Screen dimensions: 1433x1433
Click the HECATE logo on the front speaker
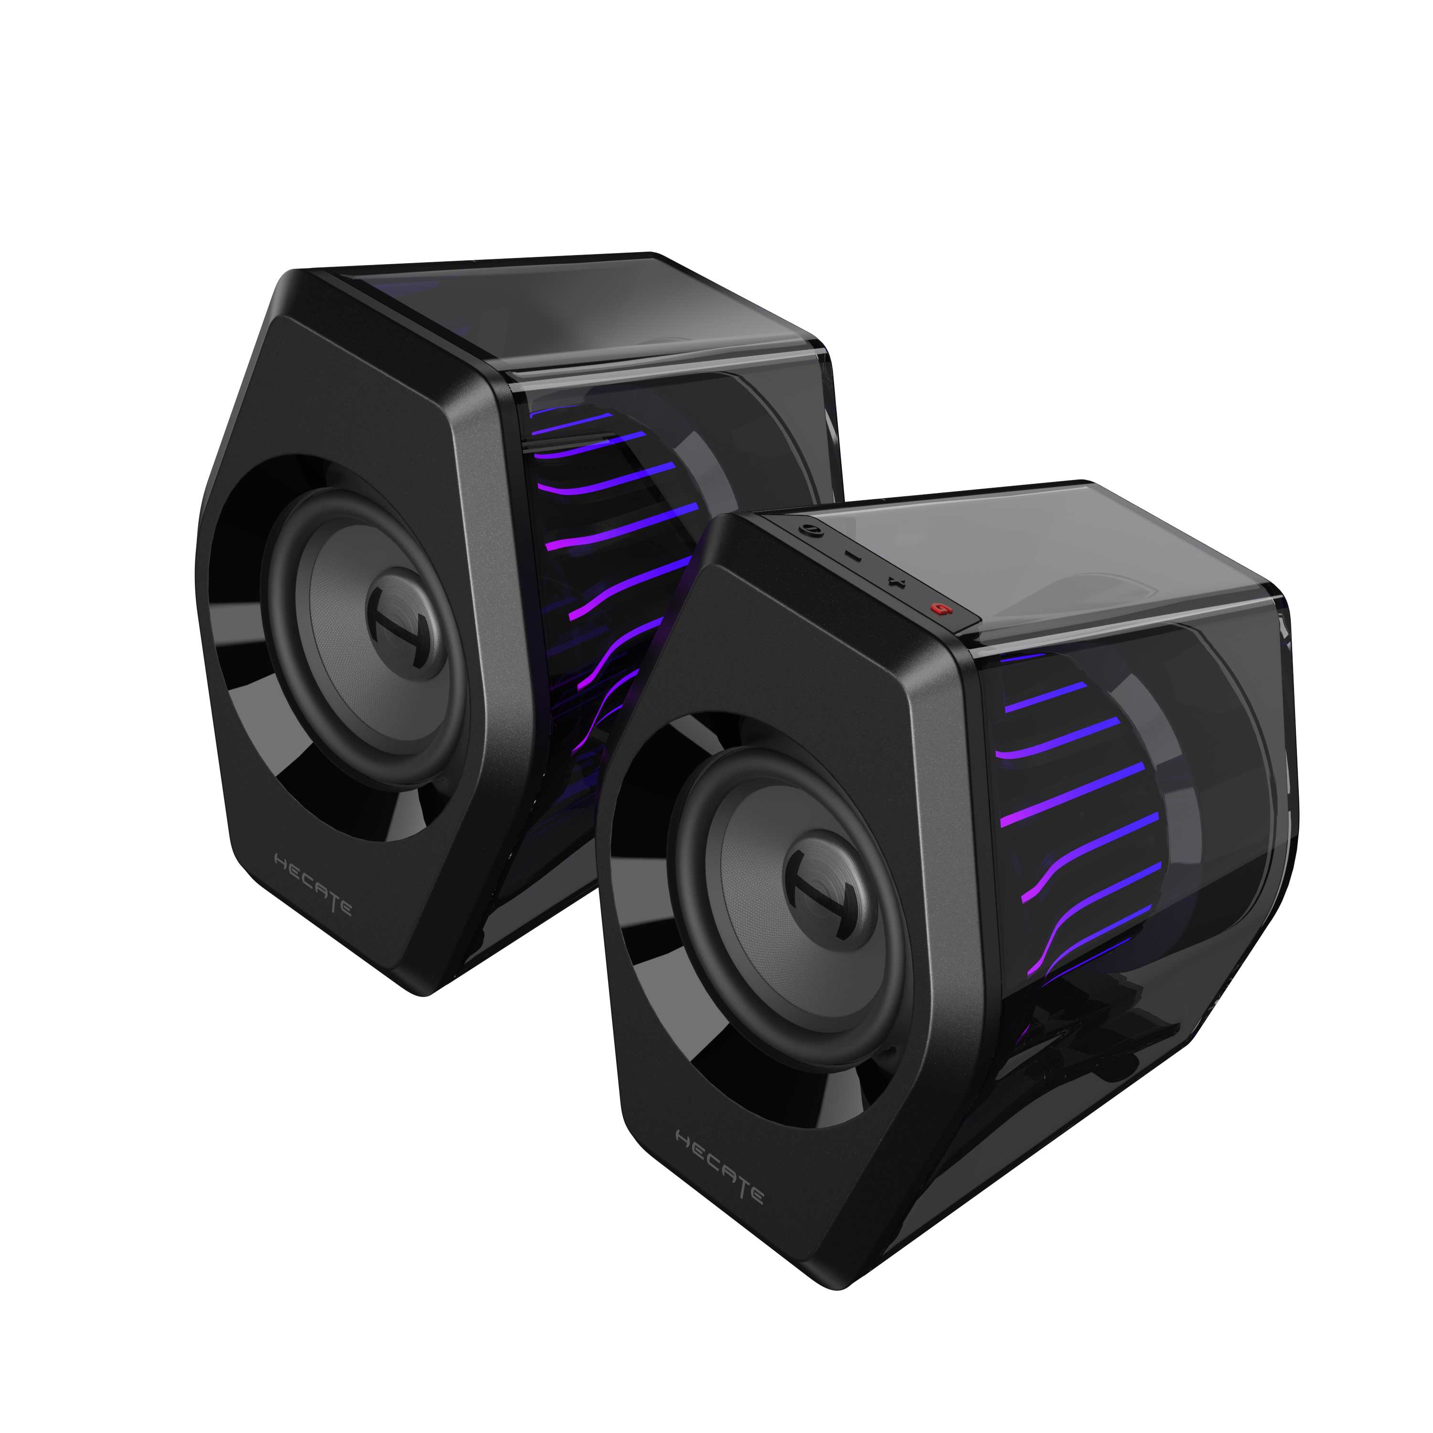pyautogui.click(x=719, y=1176)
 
